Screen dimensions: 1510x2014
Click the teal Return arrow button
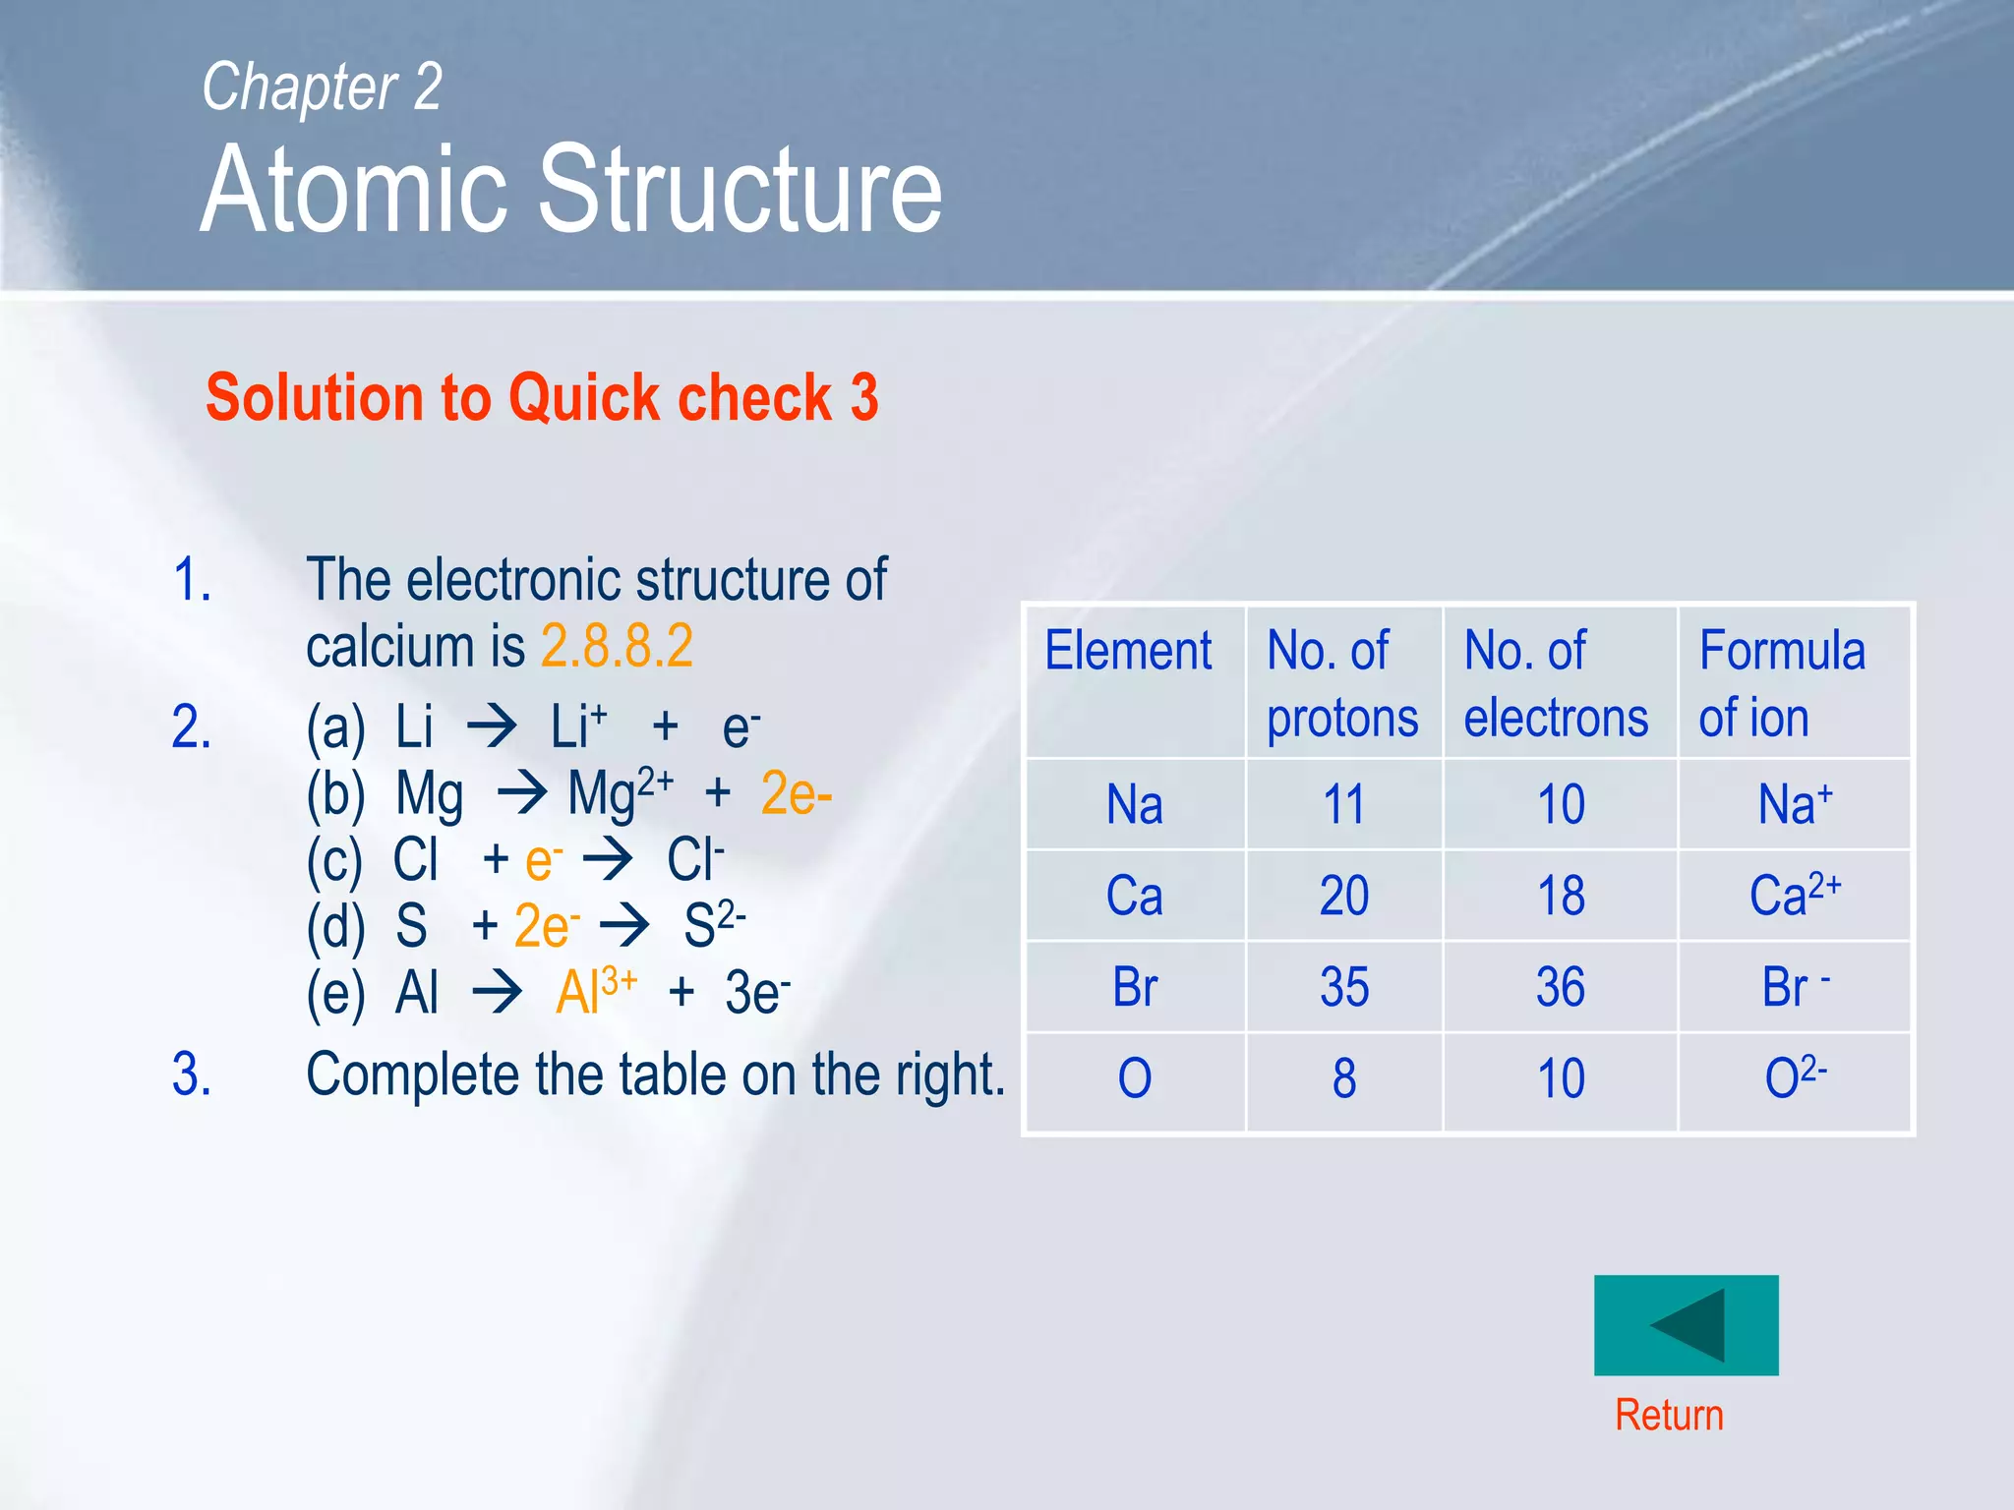1686,1324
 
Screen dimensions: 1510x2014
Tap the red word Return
1669,1416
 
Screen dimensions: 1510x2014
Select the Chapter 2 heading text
322,87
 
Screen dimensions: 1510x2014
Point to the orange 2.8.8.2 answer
617,646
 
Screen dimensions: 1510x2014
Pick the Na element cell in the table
1134,804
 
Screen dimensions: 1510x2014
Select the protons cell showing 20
1343,896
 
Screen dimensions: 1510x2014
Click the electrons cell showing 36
1560,987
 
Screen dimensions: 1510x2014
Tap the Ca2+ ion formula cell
1794,895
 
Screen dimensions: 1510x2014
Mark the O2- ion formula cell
1795,1077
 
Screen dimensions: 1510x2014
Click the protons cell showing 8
1343,1078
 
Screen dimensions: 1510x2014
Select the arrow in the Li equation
492,726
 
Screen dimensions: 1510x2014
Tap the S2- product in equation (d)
714,924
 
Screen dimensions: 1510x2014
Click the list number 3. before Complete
192,1074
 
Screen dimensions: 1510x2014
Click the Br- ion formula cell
1794,987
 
